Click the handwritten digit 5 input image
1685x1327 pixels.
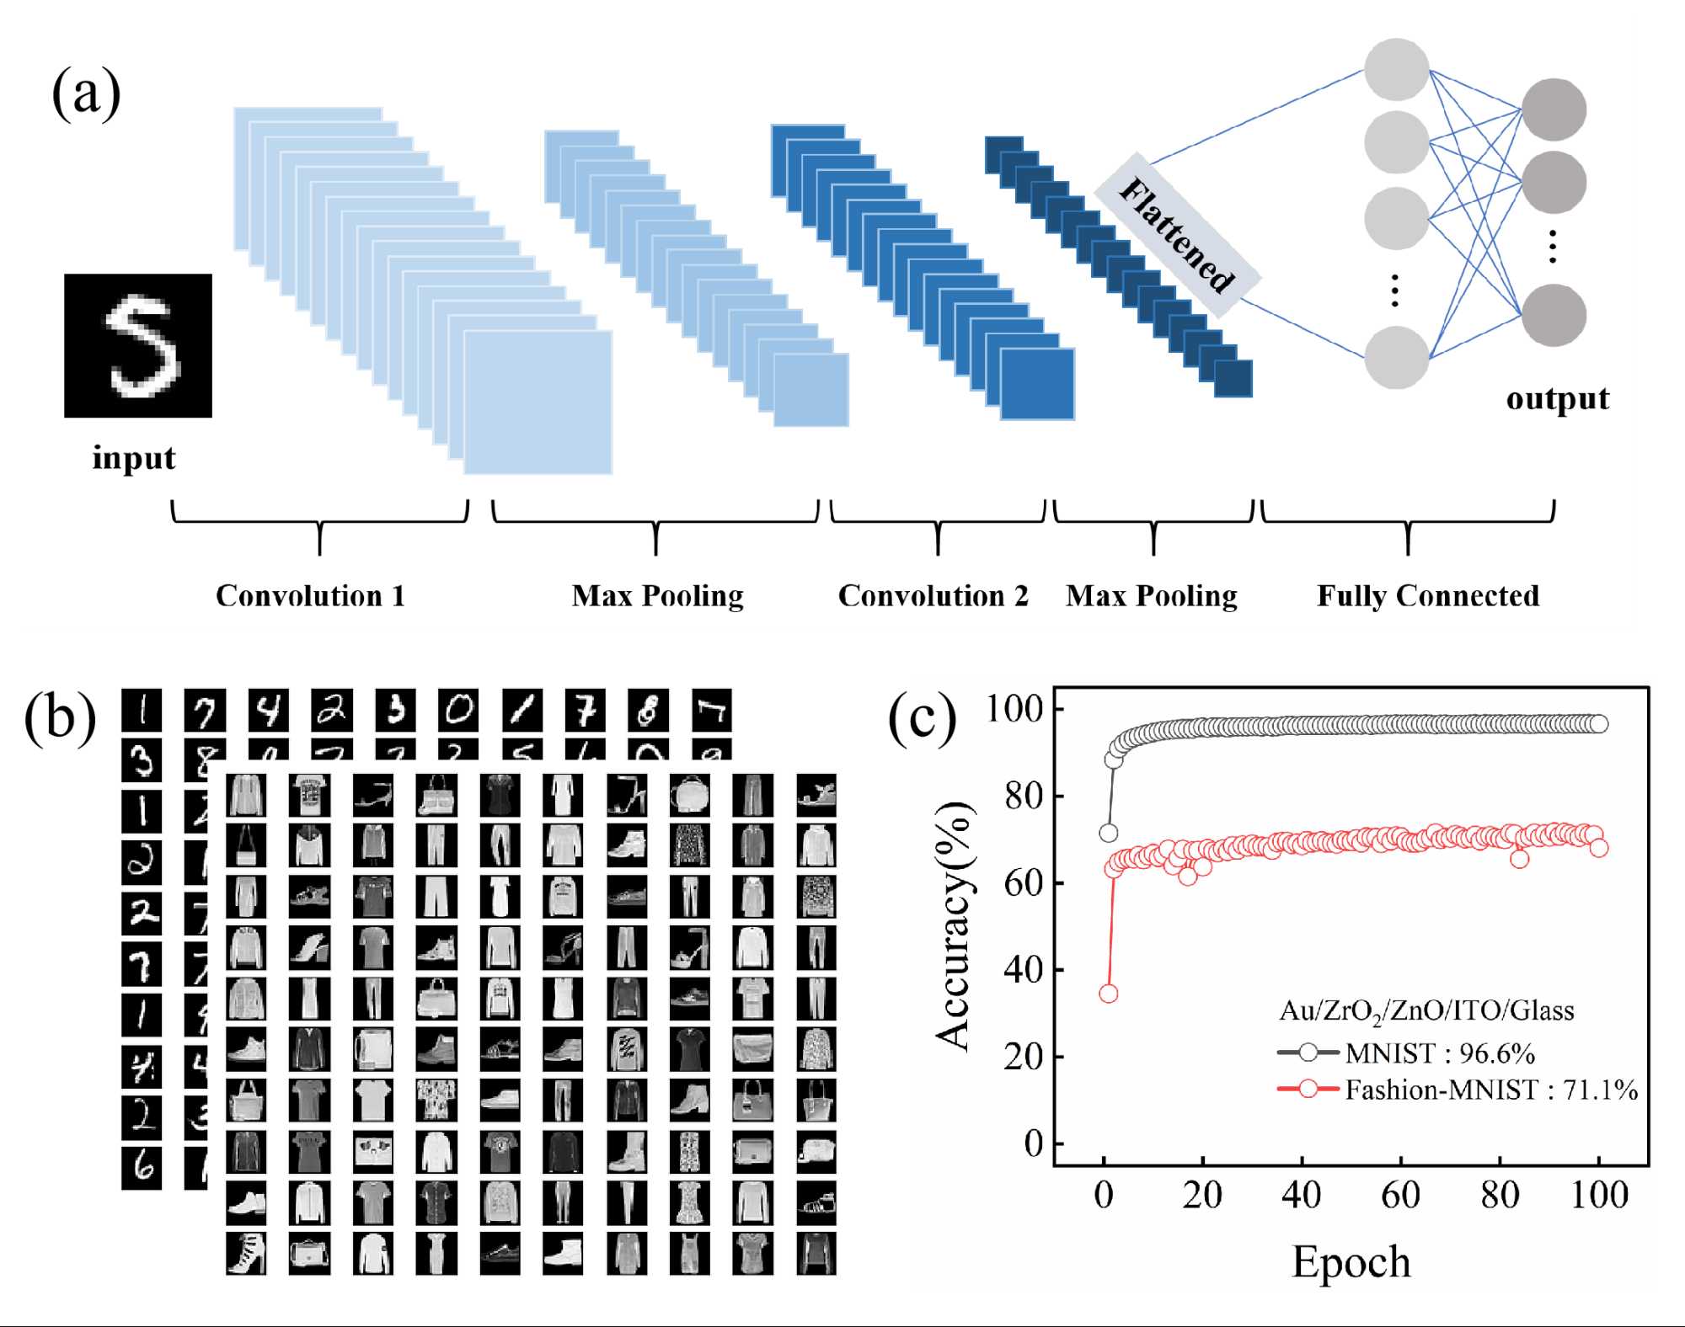pyautogui.click(x=138, y=345)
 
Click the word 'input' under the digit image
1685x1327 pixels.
pyautogui.click(x=134, y=458)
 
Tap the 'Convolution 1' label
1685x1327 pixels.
pyautogui.click(x=310, y=596)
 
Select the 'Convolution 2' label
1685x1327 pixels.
pyautogui.click(x=933, y=596)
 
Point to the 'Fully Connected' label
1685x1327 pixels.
pyautogui.click(x=1428, y=596)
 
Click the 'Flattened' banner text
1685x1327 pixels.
pyautogui.click(x=1177, y=235)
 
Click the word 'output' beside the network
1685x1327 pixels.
pyautogui.click(x=1557, y=398)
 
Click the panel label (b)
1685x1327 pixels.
pyautogui.click(x=60, y=717)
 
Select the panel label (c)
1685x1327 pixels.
pyautogui.click(x=923, y=717)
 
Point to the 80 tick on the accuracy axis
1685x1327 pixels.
pyautogui.click(x=1023, y=796)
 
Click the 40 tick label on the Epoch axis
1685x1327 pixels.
pyautogui.click(x=1301, y=1195)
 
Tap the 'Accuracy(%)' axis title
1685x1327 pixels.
pyautogui.click(x=955, y=926)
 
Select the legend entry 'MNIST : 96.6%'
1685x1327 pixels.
pyautogui.click(x=1439, y=1053)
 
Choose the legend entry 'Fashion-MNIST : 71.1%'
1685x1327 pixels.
pyautogui.click(x=1490, y=1090)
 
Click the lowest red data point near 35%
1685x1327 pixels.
pyautogui.click(x=1109, y=994)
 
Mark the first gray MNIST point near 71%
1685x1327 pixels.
pyautogui.click(x=1109, y=833)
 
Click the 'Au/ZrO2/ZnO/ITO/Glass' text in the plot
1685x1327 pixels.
pyautogui.click(x=1426, y=1010)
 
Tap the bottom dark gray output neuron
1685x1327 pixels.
pyautogui.click(x=1554, y=315)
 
